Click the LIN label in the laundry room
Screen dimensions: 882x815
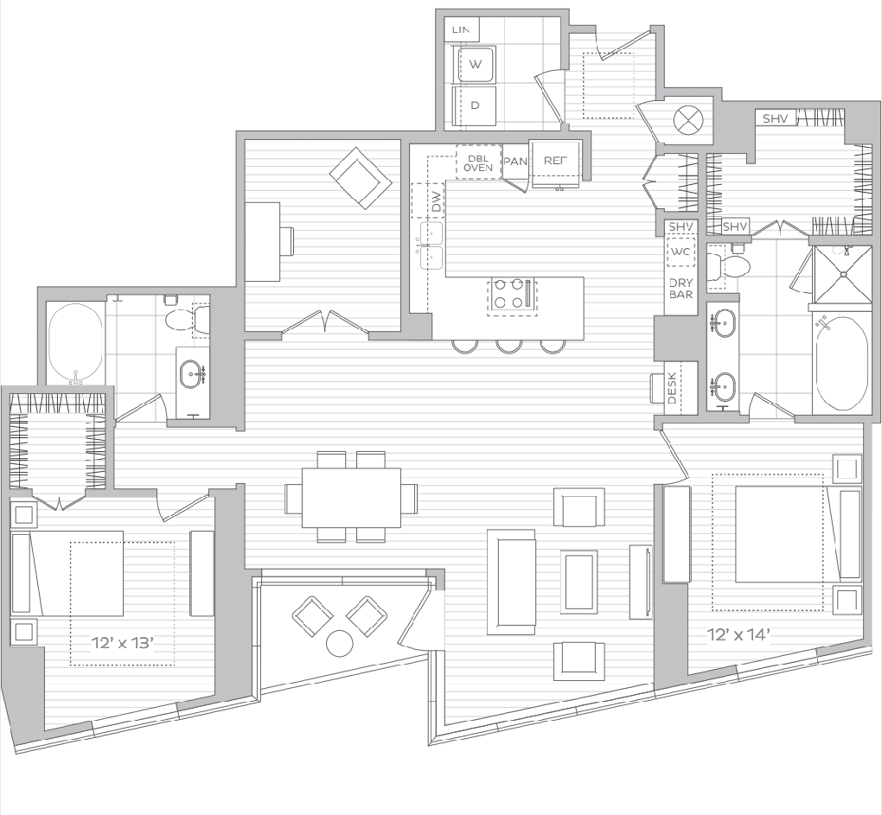(461, 29)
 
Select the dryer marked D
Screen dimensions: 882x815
(476, 105)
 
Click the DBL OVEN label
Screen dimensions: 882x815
(478, 163)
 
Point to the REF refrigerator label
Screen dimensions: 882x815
(555, 161)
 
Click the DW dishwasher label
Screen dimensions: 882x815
(437, 201)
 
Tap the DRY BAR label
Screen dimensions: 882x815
(681, 289)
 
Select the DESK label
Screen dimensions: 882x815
(672, 389)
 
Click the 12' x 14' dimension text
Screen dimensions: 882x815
(738, 635)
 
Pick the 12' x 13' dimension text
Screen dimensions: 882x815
(123, 642)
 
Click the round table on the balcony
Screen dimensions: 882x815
(339, 644)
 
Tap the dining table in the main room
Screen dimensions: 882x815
(352, 498)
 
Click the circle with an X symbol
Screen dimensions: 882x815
(688, 119)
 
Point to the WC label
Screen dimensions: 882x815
(680, 252)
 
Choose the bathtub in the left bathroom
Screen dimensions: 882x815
(75, 344)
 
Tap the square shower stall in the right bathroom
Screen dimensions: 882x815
(843, 274)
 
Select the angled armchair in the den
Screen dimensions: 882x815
(361, 178)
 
